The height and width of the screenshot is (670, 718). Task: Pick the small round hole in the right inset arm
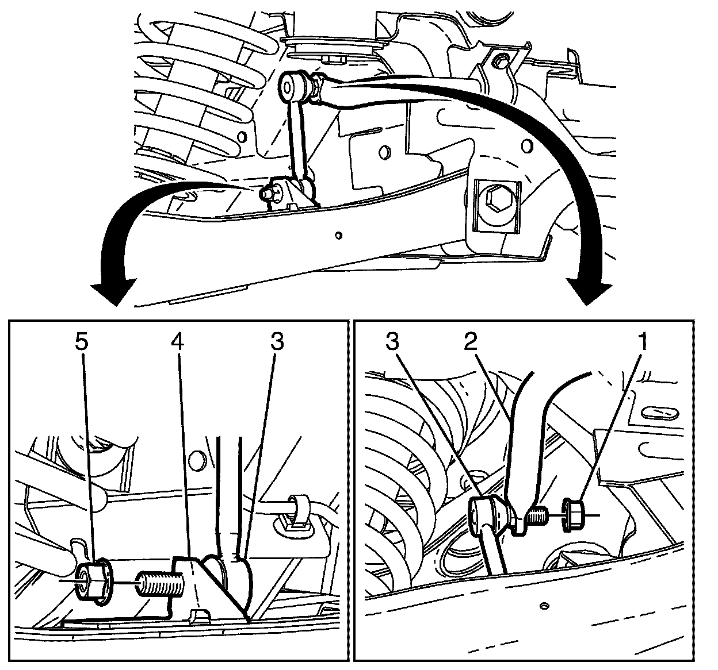click(x=543, y=605)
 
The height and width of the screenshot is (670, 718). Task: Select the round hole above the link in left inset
click(x=196, y=460)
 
